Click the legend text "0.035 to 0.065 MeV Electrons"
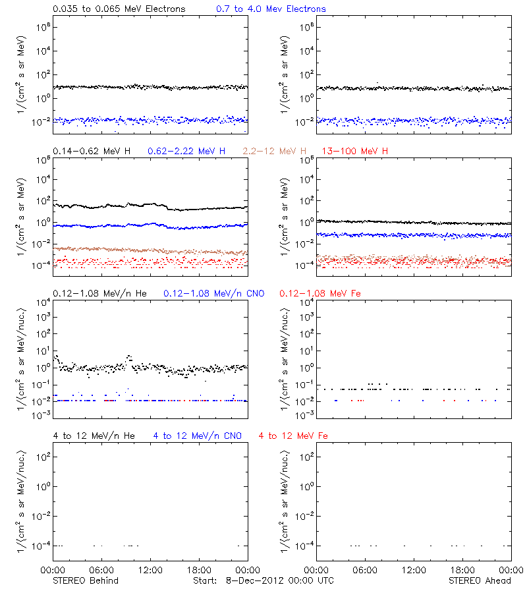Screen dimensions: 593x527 click(119, 9)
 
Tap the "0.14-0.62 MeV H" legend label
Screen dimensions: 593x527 click(92, 152)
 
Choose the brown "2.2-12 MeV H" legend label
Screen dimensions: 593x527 click(275, 152)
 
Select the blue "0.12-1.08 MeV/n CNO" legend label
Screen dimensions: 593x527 click(213, 293)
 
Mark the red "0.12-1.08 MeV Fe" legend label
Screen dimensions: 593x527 click(320, 293)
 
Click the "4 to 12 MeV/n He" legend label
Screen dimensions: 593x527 click(94, 436)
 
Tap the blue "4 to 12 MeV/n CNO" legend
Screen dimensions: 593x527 click(197, 436)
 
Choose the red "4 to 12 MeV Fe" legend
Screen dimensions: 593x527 click(293, 436)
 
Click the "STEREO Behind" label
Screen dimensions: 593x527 click(85, 580)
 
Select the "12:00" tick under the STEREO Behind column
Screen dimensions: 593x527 click(150, 571)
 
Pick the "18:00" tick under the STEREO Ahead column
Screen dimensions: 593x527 click(463, 571)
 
